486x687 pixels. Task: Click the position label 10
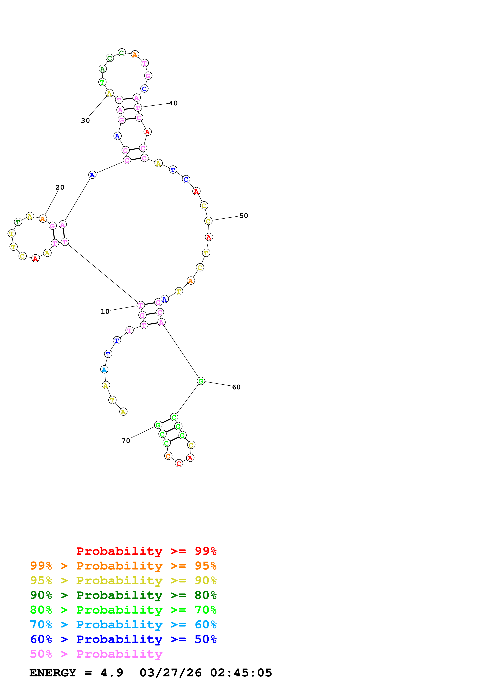pos(105,312)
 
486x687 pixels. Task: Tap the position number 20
pos(60,187)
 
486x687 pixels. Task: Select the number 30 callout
pos(85,121)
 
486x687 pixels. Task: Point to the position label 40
pos(173,103)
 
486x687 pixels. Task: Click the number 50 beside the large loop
pos(243,216)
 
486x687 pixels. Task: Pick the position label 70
pos(126,441)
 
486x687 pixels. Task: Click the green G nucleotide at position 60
pos(201,381)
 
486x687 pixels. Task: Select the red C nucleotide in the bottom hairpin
pos(179,464)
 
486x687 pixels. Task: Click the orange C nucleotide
pos(168,456)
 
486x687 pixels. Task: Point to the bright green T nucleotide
pos(102,82)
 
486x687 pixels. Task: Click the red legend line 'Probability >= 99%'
pos(146,551)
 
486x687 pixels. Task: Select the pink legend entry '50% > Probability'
pos(96,654)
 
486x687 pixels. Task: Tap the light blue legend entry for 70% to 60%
pos(123,625)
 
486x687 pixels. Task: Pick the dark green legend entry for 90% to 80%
pos(123,595)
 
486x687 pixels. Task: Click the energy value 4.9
pos(112,673)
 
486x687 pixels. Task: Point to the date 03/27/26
pos(170,673)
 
